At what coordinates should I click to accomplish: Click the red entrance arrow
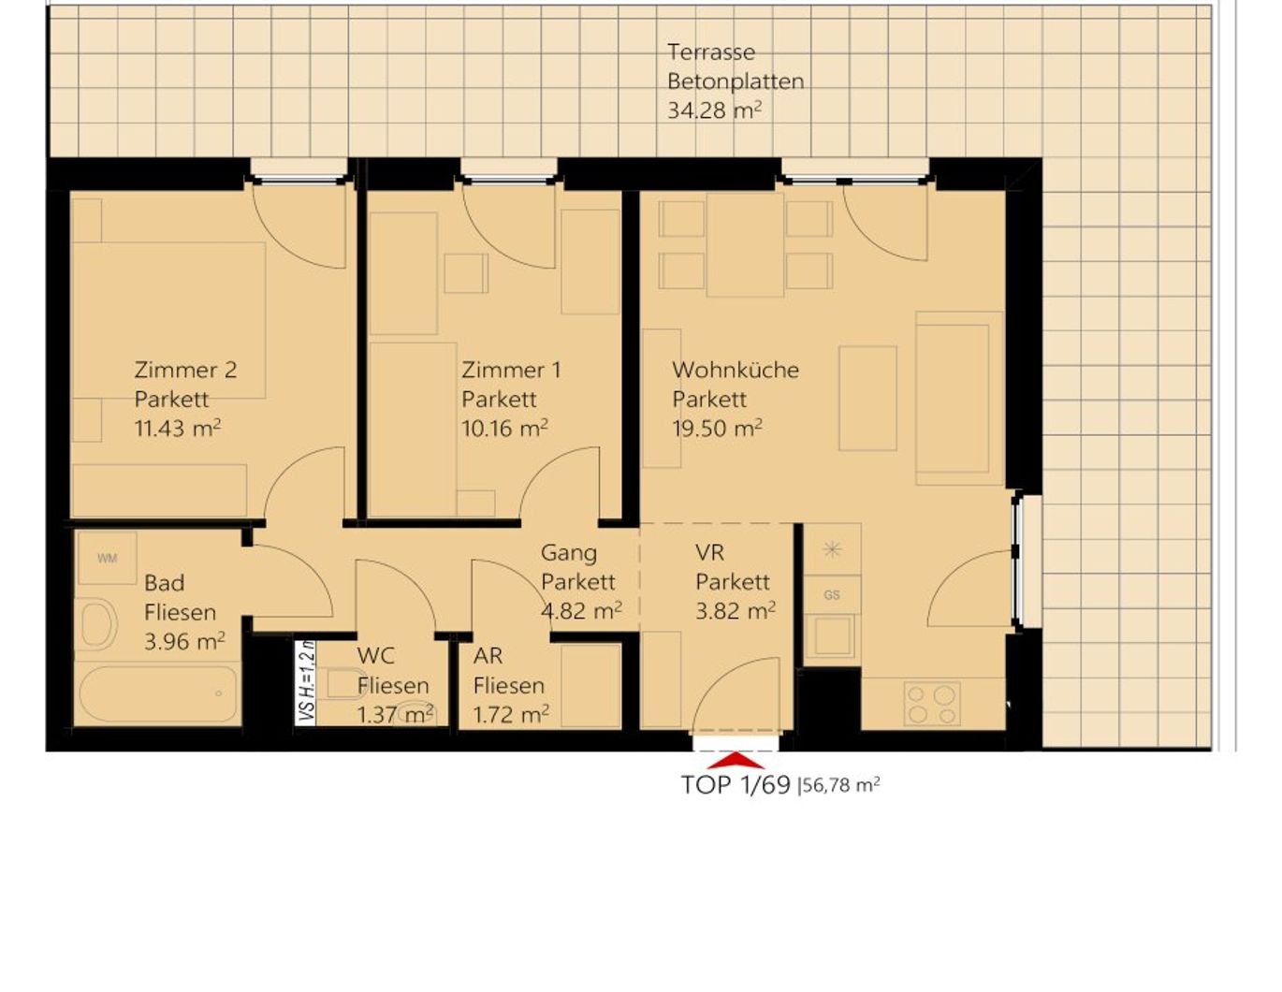(x=736, y=761)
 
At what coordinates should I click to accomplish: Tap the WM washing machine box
(x=107, y=559)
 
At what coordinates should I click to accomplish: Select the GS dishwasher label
(x=832, y=595)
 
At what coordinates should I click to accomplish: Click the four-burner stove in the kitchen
(x=932, y=705)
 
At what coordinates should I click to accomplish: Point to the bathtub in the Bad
(x=157, y=694)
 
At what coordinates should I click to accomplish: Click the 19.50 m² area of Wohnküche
(x=717, y=429)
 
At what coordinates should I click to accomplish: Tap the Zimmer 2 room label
(x=185, y=370)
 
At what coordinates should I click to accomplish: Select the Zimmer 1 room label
(x=511, y=370)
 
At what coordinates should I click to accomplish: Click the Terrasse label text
(x=710, y=52)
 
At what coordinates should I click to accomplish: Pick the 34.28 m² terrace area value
(x=714, y=110)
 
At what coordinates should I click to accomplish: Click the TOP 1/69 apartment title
(x=736, y=785)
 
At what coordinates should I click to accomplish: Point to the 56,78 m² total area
(x=840, y=785)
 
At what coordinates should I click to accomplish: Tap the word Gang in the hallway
(x=568, y=553)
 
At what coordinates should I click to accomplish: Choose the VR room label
(x=709, y=553)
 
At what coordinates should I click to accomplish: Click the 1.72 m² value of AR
(x=510, y=715)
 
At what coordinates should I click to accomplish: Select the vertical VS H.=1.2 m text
(x=306, y=682)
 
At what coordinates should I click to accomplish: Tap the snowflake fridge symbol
(x=832, y=549)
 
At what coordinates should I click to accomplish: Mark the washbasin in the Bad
(x=98, y=624)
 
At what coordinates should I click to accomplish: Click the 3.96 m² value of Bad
(x=184, y=642)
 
